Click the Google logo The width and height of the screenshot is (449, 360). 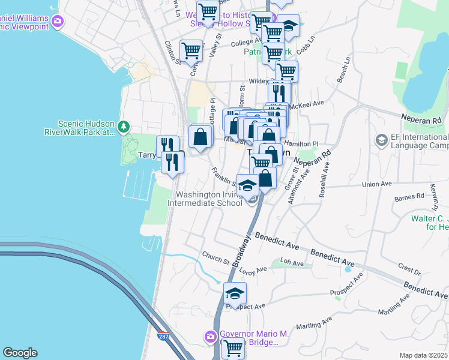(20, 353)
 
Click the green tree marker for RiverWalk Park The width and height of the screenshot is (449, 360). (124, 127)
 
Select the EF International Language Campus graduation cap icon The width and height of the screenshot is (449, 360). (381, 140)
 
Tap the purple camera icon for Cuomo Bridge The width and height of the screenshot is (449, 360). (210, 337)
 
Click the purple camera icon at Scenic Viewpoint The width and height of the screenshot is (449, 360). (58, 22)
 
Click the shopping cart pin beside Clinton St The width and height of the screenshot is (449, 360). (191, 51)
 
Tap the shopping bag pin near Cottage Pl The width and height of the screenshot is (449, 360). (200, 136)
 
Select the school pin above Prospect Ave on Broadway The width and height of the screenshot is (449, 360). (235, 293)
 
